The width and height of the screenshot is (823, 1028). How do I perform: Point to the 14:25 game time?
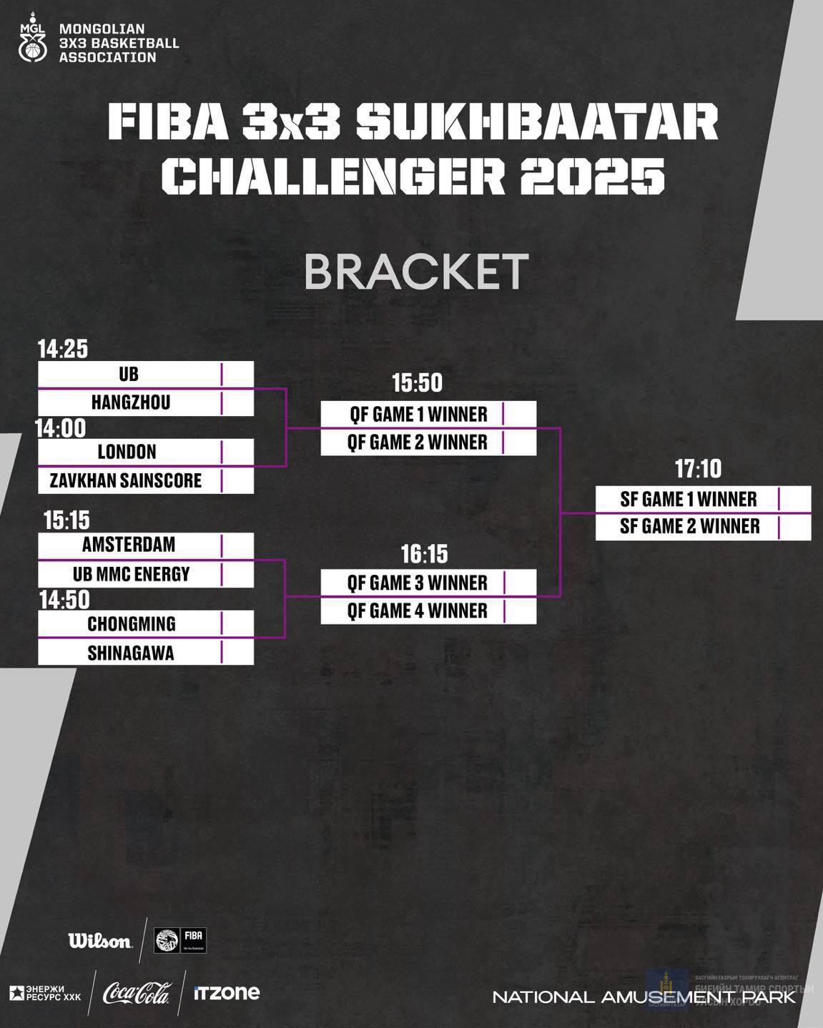(63, 349)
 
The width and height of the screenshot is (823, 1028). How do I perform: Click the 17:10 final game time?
(698, 469)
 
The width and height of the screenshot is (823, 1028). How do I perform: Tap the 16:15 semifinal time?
(424, 554)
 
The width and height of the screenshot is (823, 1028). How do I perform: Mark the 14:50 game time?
(64, 600)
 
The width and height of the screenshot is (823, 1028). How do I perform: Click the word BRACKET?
(416, 272)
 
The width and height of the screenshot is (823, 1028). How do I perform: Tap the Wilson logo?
(100, 941)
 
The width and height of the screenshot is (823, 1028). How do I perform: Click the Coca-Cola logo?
(137, 993)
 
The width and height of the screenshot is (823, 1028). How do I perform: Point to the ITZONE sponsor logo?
(227, 993)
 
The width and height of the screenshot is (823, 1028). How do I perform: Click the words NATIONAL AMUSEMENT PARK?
(644, 997)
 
